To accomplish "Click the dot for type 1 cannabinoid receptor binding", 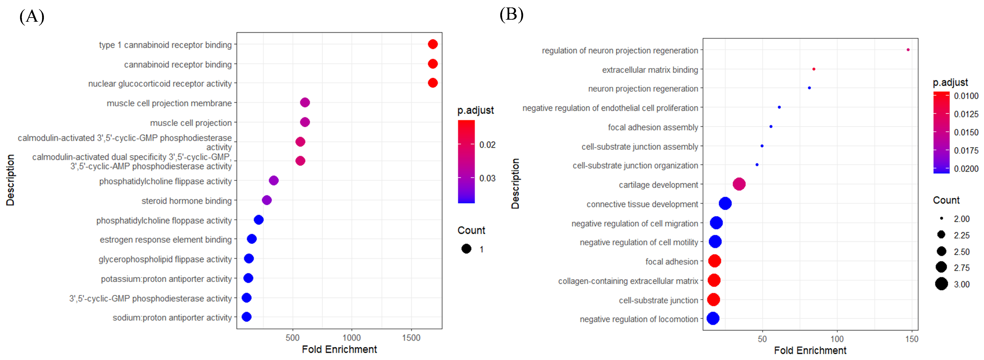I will coord(433,44).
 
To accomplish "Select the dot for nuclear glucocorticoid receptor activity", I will coord(433,83).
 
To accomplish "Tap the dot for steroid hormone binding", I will coord(267,200).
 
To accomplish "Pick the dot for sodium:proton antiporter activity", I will coord(246,317).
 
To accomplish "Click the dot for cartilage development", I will coord(739,184).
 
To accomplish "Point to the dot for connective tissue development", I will coord(725,204).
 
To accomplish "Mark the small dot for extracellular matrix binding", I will coord(814,69).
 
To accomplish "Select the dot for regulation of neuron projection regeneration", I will coord(908,50).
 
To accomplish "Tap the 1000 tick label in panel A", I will coord(352,338).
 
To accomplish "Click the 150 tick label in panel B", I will coord(911,339).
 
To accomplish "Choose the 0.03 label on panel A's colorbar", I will coord(487,179).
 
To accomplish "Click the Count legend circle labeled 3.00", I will coord(941,284).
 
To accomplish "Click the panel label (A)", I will coord(32,17).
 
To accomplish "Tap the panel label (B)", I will coord(511,15).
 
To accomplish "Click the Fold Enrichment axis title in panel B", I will coord(810,350).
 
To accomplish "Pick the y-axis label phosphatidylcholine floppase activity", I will coord(164,221).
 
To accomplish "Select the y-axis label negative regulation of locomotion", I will coord(639,319).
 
